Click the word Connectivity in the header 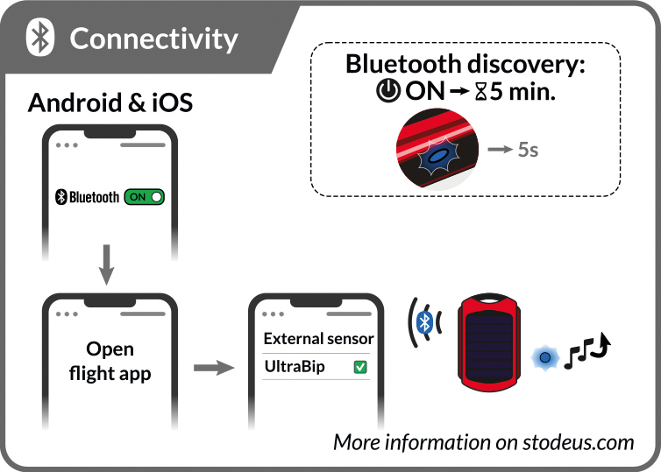pyautogui.click(x=153, y=39)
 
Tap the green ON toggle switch pyautogui.click(x=145, y=197)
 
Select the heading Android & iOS pyautogui.click(x=110, y=102)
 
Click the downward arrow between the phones pyautogui.click(x=106, y=264)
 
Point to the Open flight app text pyautogui.click(x=110, y=361)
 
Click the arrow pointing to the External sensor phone pyautogui.click(x=215, y=367)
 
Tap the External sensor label pyautogui.click(x=318, y=338)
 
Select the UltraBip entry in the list pyautogui.click(x=295, y=367)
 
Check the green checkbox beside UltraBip pyautogui.click(x=359, y=368)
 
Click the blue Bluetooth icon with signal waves pyautogui.click(x=426, y=322)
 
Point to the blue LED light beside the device pyautogui.click(x=544, y=357)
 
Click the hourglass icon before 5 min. pyautogui.click(x=480, y=91)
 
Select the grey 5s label pyautogui.click(x=528, y=150)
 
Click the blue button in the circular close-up pyautogui.click(x=436, y=159)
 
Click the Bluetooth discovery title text pyautogui.click(x=466, y=65)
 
